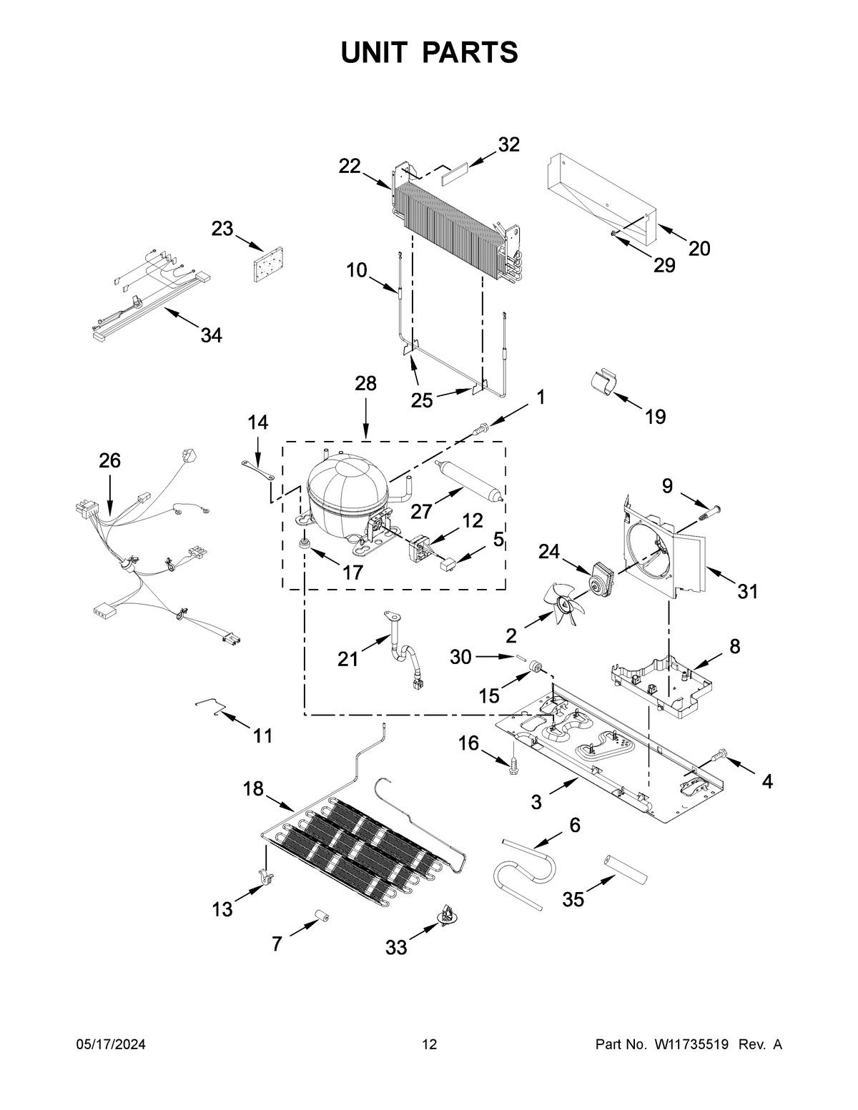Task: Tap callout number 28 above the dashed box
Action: (365, 384)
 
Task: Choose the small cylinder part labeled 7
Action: (321, 916)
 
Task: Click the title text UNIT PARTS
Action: (429, 52)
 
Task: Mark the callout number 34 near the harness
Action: (211, 335)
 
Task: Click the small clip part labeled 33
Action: (447, 916)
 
